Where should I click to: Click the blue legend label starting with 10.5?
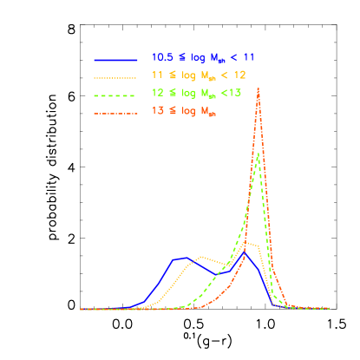click(200, 57)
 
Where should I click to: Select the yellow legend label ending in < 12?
click(199, 75)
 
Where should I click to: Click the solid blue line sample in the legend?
click(116, 59)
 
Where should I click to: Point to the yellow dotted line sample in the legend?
click(116, 77)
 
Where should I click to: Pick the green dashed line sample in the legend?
click(116, 95)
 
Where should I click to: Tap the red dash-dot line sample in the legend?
click(116, 113)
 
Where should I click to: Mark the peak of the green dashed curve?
click(259, 154)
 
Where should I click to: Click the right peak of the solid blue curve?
click(244, 254)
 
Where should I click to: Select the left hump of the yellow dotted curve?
click(202, 257)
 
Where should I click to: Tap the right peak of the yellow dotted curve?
click(249, 244)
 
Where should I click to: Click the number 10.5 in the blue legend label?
click(160, 57)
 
